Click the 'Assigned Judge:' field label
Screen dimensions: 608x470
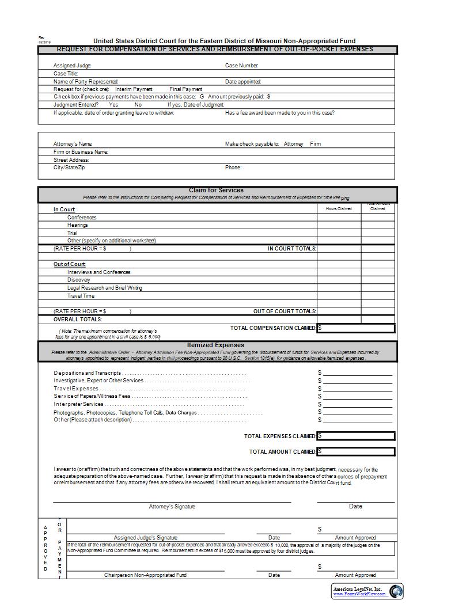coord(73,66)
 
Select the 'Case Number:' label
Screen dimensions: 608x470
coord(241,66)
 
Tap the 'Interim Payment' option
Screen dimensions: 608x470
coord(134,89)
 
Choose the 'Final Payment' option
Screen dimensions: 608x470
coord(185,89)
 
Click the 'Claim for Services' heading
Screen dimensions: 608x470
coord(216,190)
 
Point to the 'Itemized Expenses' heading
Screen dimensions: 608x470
coord(216,345)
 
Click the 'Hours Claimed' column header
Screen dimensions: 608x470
coord(339,208)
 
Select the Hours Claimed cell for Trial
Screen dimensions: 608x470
coord(339,233)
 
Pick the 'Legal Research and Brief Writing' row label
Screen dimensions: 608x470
coord(104,288)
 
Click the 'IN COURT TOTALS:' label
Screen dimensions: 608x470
coord(291,249)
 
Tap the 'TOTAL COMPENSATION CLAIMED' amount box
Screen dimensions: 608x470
coord(357,328)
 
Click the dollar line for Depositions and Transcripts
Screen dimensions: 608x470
coord(357,373)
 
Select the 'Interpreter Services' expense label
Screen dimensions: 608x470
coord(79,404)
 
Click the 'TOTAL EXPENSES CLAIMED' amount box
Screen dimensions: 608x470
coord(357,436)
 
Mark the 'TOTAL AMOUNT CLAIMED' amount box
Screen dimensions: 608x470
coord(357,451)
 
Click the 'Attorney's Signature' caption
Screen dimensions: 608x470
coord(172,507)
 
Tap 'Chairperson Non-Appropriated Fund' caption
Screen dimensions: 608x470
coord(145,575)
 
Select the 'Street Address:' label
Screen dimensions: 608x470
coord(71,160)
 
